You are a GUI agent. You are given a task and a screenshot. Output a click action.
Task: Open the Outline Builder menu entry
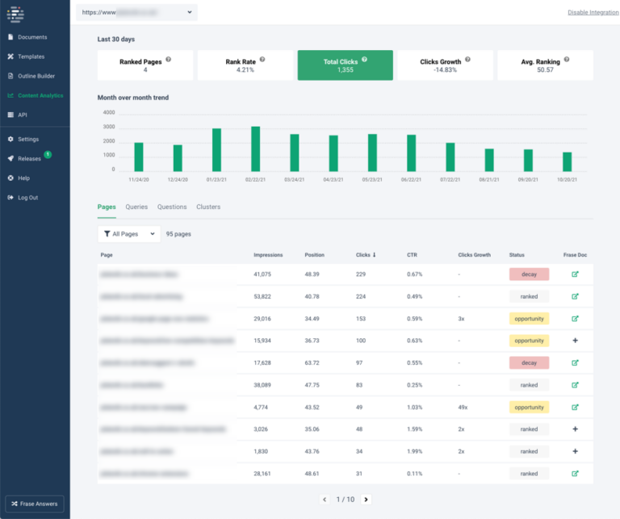37,76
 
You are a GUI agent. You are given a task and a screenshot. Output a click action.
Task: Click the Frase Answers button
35,504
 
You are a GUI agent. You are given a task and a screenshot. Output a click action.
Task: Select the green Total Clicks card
346,65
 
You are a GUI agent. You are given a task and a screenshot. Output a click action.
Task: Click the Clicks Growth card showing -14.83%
445,65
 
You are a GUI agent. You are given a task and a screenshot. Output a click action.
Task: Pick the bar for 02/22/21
255,149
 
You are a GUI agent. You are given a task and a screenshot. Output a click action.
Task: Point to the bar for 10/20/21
568,161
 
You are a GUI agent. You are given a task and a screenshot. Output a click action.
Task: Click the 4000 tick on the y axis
108,113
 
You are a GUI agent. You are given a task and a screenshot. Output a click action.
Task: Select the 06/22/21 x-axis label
411,179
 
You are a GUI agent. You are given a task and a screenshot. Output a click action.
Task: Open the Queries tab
136,207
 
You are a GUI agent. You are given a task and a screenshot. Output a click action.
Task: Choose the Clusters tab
208,207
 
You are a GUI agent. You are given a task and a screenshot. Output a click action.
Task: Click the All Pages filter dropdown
128,234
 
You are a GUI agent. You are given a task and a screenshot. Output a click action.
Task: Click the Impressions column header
268,255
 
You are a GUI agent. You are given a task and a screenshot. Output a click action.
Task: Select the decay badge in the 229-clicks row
529,274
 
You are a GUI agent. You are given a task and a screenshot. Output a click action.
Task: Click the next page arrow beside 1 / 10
366,500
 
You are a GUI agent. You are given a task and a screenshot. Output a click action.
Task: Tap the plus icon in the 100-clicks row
575,341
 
